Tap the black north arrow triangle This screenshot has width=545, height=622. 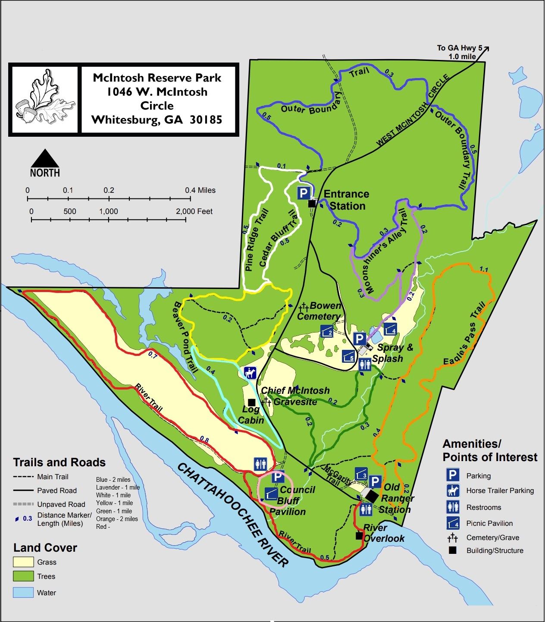(x=45, y=159)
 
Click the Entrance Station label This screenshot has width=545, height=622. (x=347, y=200)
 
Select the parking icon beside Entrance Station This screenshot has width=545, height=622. (x=304, y=193)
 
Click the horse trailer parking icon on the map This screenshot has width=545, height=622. (x=250, y=373)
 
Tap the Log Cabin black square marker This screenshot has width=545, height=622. (x=251, y=402)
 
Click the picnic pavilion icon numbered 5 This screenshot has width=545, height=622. (x=349, y=356)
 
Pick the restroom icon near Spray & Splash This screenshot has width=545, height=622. (x=365, y=365)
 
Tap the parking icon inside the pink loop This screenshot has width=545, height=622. (x=279, y=477)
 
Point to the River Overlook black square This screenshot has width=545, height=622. (x=359, y=535)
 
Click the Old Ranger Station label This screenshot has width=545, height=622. (x=396, y=498)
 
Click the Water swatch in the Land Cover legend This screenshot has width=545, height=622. (x=23, y=592)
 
